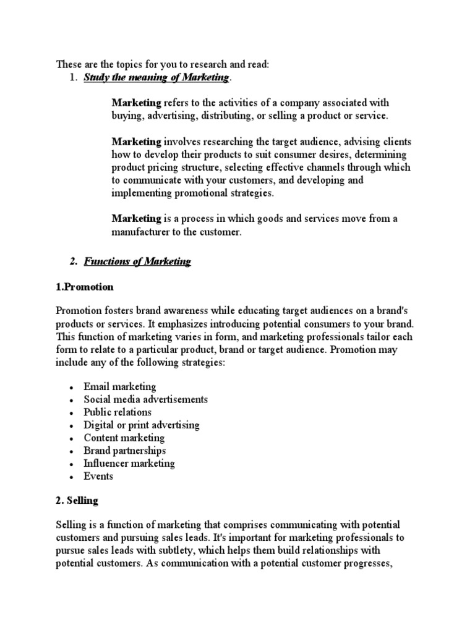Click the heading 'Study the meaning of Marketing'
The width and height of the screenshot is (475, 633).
click(156, 77)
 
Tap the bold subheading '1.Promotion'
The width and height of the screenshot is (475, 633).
click(85, 287)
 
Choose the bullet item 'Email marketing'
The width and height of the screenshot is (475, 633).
click(120, 386)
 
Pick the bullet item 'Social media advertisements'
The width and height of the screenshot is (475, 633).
click(146, 399)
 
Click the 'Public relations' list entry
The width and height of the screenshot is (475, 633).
click(118, 412)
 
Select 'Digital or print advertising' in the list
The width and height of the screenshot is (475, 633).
click(142, 425)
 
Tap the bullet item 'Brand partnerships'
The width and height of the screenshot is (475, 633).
click(125, 451)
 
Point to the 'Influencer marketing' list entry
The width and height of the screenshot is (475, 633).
click(129, 463)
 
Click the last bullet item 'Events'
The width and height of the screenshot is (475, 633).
click(99, 476)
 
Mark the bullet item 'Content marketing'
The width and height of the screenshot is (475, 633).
click(124, 438)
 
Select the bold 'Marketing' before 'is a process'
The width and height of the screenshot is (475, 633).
click(136, 219)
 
